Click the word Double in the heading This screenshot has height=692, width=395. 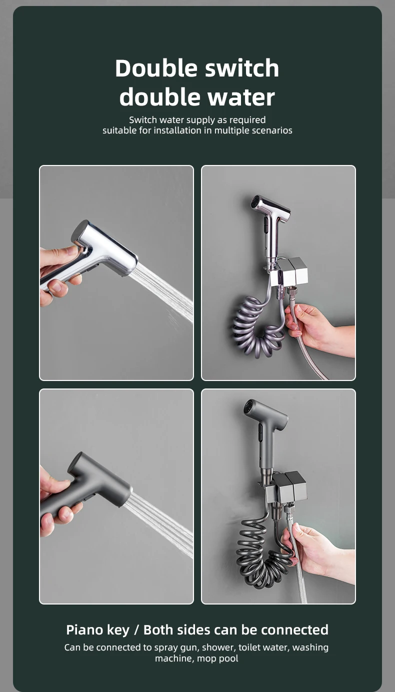click(x=156, y=68)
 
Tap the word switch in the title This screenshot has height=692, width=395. click(x=242, y=68)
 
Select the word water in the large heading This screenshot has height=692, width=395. click(x=241, y=97)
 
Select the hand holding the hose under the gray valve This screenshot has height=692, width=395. click(x=318, y=550)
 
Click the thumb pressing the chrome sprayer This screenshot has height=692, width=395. click(x=62, y=252)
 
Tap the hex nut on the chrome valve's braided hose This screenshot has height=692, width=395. click(x=291, y=292)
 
